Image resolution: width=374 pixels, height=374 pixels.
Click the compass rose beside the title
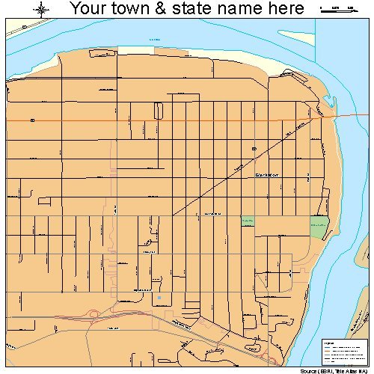(x=41, y=10)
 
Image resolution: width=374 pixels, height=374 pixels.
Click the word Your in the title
(x=91, y=9)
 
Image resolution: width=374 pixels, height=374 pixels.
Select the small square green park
(x=247, y=221)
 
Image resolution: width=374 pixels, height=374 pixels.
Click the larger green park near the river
(x=319, y=226)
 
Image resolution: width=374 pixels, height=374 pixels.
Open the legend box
(x=343, y=352)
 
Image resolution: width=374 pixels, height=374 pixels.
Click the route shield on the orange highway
(x=33, y=120)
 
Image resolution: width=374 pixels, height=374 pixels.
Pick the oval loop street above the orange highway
(x=158, y=110)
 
